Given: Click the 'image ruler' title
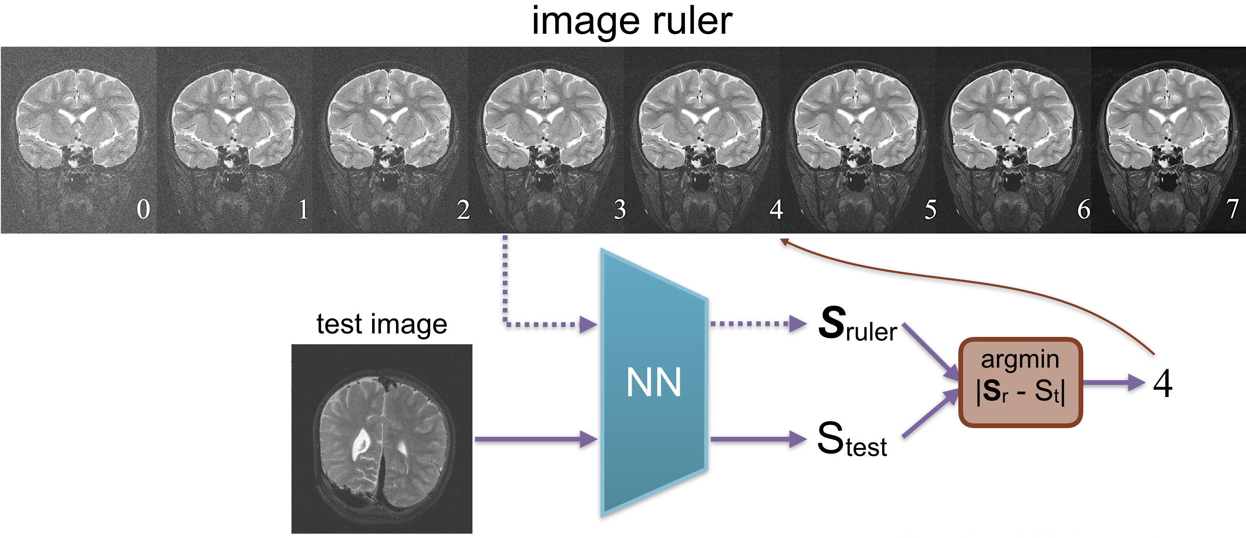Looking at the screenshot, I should click(x=632, y=22).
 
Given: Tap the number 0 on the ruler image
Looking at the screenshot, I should click(x=143, y=209).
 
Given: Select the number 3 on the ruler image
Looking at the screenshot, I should click(x=620, y=209).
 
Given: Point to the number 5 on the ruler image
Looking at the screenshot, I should click(x=930, y=209).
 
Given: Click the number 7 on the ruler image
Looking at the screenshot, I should click(x=1232, y=209).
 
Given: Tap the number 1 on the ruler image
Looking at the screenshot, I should click(x=303, y=209).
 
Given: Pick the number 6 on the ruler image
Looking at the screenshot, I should click(x=1083, y=209).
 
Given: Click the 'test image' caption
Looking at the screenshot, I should click(x=382, y=324).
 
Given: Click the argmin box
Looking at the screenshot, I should click(x=1020, y=382).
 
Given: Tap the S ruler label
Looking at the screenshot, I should click(x=857, y=325).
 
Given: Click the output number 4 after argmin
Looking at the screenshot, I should click(x=1163, y=383).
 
